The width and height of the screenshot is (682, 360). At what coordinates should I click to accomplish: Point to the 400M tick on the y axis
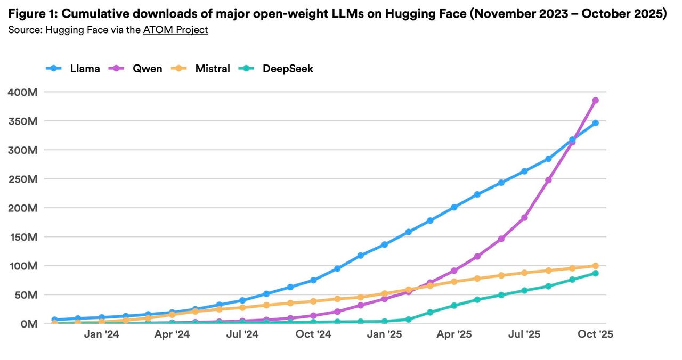[22, 92]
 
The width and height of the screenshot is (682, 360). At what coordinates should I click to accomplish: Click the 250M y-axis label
[22, 179]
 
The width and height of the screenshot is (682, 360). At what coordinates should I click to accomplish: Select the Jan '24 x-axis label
[101, 334]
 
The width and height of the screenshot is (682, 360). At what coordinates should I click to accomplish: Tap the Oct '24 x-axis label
[313, 334]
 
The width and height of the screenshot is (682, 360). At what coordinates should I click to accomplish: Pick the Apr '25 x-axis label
[454, 334]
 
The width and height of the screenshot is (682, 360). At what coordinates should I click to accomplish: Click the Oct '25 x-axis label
[595, 334]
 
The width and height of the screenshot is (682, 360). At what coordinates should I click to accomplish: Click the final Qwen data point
[596, 100]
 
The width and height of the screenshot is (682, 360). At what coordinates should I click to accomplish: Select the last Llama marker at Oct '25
[596, 123]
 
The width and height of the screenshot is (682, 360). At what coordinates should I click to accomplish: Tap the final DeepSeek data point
[596, 273]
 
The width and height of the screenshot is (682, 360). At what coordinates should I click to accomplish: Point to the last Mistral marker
[596, 266]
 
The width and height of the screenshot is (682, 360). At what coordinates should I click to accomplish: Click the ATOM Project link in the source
[175, 30]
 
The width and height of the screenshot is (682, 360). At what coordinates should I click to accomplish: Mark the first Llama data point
[54, 320]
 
